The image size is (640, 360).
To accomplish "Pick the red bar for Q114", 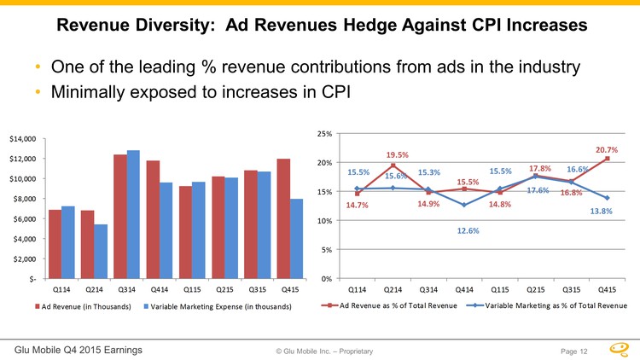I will click(x=55, y=243).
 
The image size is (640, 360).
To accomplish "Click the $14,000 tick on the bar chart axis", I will click(x=22, y=138).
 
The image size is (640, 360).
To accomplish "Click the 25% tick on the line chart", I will click(x=325, y=134).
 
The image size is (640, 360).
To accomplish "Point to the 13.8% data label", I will click(x=602, y=212).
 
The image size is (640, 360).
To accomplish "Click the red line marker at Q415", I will click(x=607, y=159).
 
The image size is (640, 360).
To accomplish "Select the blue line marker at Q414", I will click(x=463, y=205).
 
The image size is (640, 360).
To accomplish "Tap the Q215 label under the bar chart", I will click(x=224, y=288).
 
